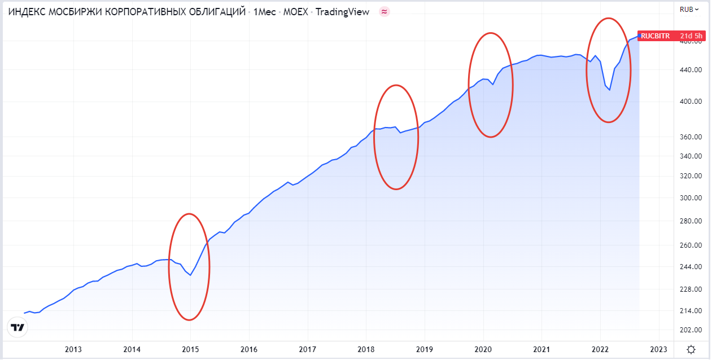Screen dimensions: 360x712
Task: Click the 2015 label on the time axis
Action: pyautogui.click(x=190, y=349)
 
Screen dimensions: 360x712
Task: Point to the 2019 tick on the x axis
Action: pyautogui.click(x=424, y=349)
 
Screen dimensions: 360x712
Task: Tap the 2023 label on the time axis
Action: pyautogui.click(x=658, y=349)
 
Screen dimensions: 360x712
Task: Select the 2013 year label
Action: pyautogui.click(x=73, y=349)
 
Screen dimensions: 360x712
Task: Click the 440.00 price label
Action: pyautogui.click(x=691, y=70)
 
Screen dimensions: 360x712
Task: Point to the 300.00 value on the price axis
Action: pyautogui.click(x=691, y=198)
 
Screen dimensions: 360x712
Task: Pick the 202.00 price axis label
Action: pyautogui.click(x=691, y=330)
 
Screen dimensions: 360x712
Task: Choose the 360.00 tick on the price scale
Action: pyautogui.click(x=691, y=137)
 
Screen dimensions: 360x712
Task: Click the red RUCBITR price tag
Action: pyautogui.click(x=655, y=36)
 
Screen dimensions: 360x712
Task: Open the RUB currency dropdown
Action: pyautogui.click(x=689, y=9)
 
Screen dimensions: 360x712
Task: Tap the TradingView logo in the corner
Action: pyautogui.click(x=18, y=327)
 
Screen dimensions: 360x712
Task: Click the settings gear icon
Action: pyautogui.click(x=691, y=350)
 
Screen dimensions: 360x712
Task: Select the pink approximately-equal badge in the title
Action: pyautogui.click(x=385, y=12)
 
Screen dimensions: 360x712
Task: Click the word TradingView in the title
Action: pyautogui.click(x=343, y=12)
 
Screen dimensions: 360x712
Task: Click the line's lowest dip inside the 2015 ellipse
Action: pyautogui.click(x=190, y=275)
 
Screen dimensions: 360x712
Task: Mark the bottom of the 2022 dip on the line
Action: pyautogui.click(x=609, y=90)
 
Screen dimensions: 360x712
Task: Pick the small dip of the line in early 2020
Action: pyautogui.click(x=492, y=85)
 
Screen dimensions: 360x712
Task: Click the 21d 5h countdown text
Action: pyautogui.click(x=691, y=36)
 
